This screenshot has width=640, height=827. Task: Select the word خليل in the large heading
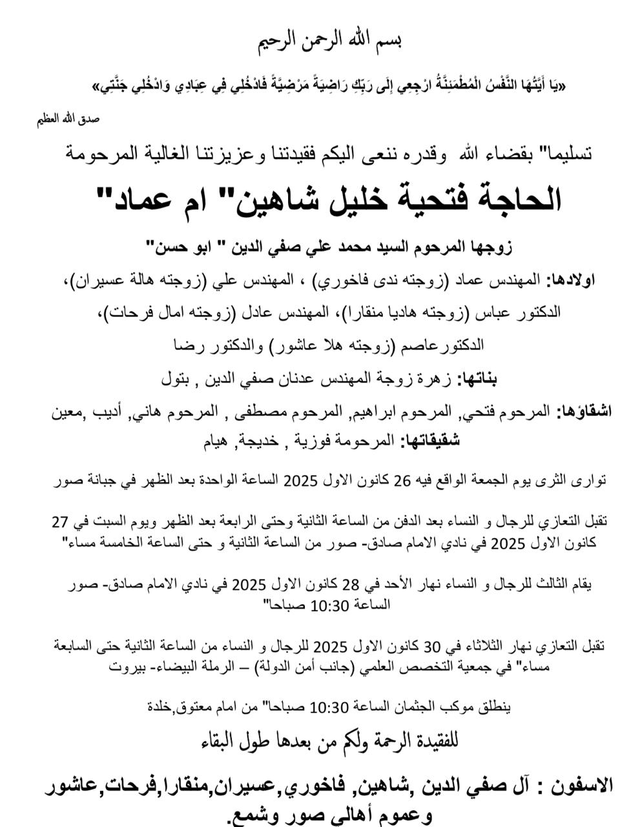coord(344,200)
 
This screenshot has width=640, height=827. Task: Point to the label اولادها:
coord(572,281)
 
